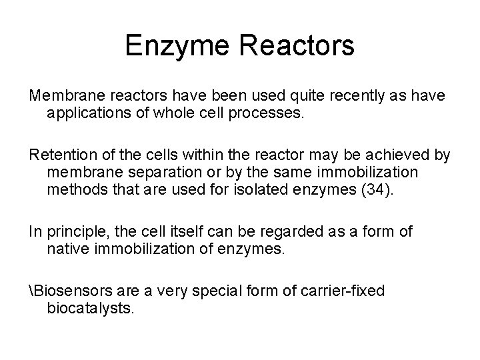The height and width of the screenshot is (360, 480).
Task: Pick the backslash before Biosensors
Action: coord(31,291)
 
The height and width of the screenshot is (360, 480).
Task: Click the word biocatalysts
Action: coord(91,309)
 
